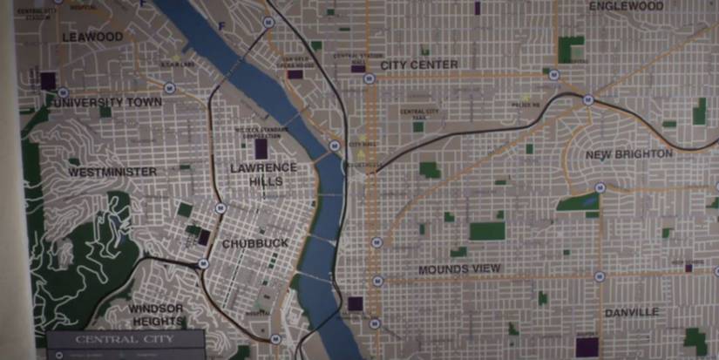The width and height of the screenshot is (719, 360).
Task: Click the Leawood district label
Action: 92,37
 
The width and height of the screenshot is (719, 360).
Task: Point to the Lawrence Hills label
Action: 263,173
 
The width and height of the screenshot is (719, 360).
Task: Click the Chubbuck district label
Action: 254,243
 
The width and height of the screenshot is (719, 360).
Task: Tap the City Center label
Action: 419,65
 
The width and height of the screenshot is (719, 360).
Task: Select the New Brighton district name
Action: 629,154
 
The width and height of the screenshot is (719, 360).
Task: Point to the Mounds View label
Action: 459,269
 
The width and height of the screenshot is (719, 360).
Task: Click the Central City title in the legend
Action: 125,338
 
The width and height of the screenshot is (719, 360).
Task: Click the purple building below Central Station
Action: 357,67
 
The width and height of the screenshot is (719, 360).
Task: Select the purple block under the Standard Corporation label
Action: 261,148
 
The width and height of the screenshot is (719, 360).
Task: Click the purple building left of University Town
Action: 48,81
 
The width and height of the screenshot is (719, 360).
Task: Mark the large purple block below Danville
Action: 586,347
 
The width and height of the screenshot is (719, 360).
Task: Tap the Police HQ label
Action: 526,105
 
